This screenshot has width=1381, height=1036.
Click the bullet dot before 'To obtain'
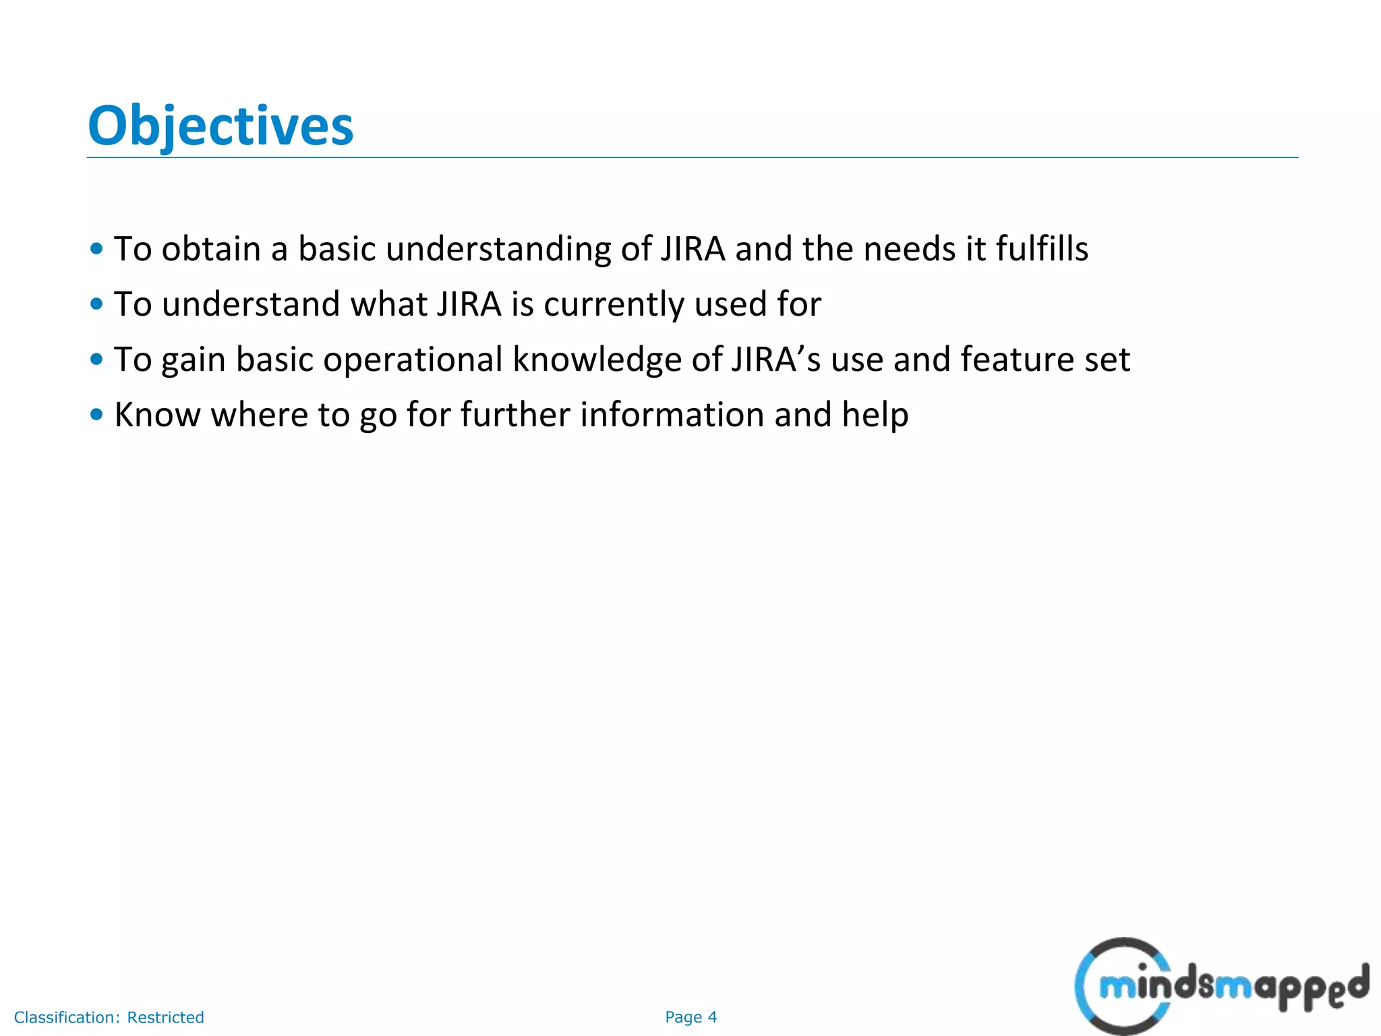tap(96, 249)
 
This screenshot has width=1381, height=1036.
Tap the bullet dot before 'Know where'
tap(96, 414)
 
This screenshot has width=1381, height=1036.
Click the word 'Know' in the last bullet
tap(157, 414)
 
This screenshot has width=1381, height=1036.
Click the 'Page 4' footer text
tap(690, 1017)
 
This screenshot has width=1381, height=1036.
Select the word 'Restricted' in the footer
tap(165, 1017)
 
